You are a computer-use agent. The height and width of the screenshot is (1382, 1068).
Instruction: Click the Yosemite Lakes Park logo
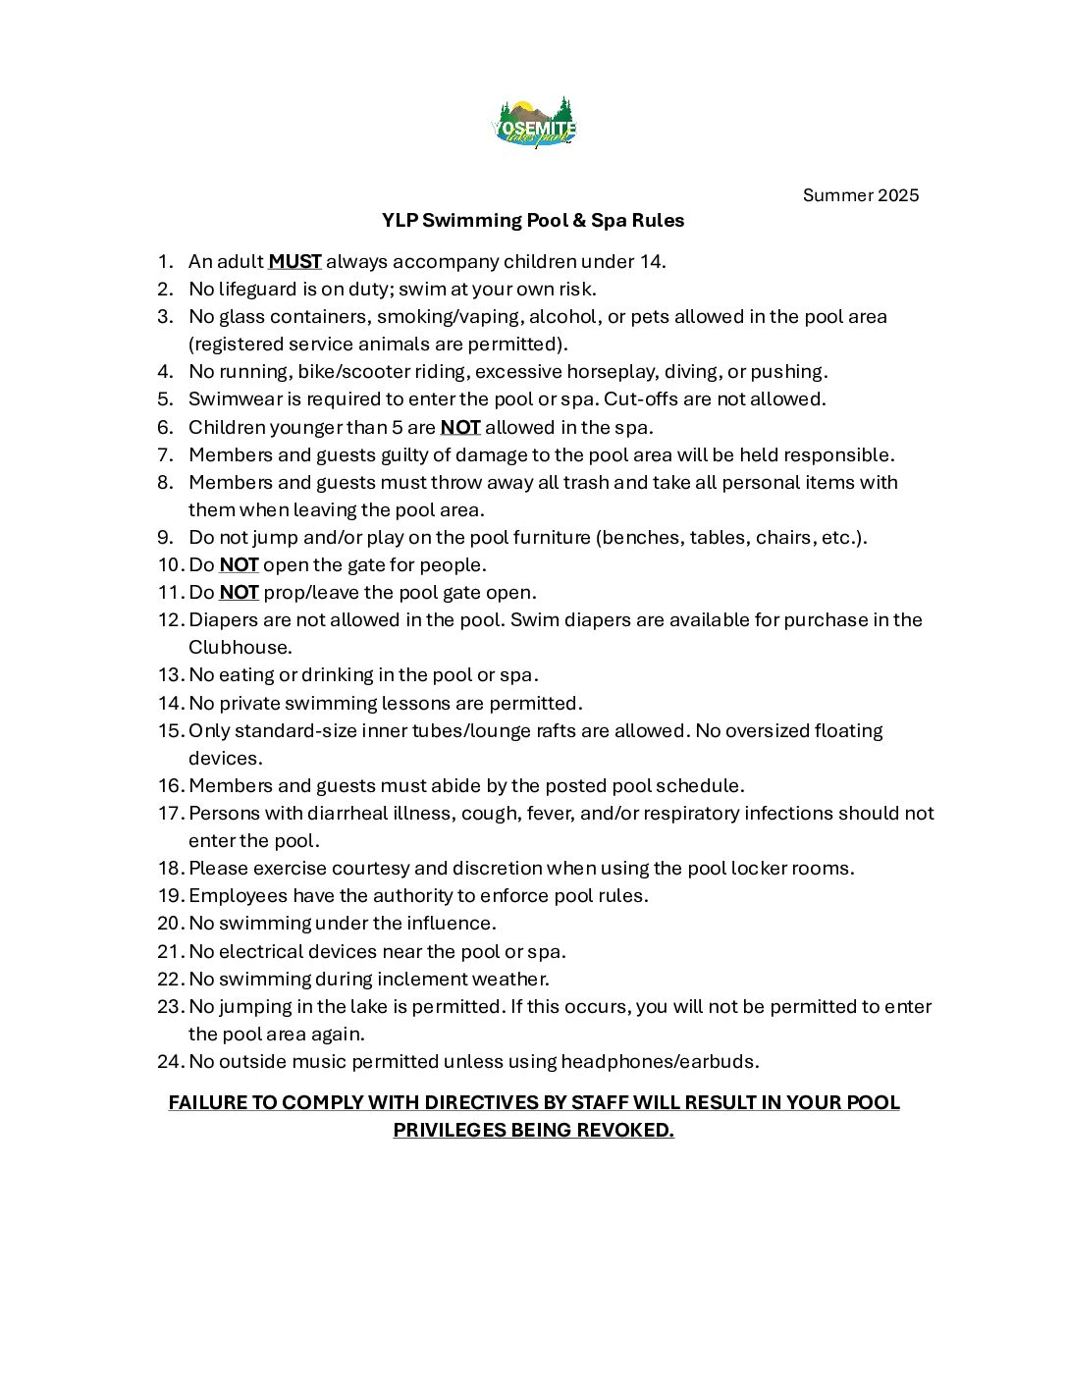click(x=533, y=123)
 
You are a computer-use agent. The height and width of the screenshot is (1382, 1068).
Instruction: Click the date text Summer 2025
click(x=860, y=194)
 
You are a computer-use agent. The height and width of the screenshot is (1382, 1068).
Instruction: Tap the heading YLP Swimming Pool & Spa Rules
click(x=533, y=220)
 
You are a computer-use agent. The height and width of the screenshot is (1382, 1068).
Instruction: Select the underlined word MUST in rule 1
click(x=294, y=261)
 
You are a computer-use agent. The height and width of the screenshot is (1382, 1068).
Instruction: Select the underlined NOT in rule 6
click(x=459, y=427)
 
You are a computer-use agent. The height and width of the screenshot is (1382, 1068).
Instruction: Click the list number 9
click(x=165, y=537)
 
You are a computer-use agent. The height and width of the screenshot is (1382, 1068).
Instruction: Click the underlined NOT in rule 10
click(x=239, y=564)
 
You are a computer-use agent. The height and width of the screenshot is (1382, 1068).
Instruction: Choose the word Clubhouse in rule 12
click(x=239, y=647)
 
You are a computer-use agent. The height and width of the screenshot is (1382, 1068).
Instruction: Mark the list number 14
click(x=169, y=703)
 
